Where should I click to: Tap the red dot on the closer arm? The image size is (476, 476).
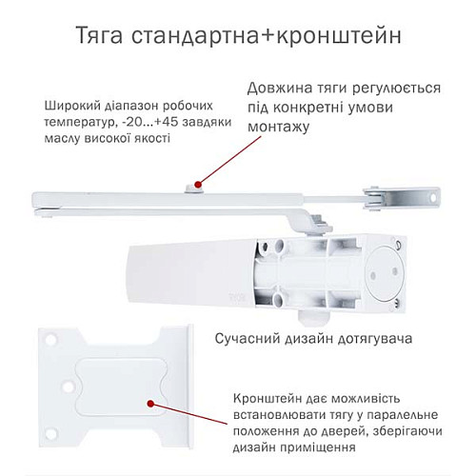tap(196, 183)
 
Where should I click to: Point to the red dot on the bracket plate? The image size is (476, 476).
tap(153, 407)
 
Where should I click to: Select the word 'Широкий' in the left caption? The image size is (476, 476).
tap(69, 106)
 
